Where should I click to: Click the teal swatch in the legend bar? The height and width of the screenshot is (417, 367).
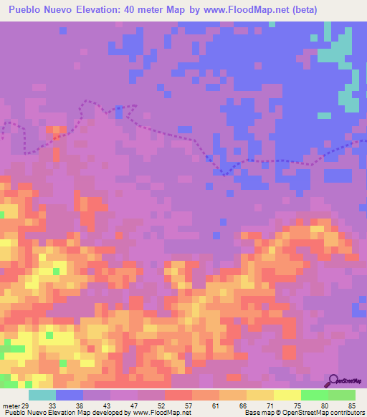click(x=42, y=395)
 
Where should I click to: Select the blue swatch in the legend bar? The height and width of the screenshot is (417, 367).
click(x=70, y=395)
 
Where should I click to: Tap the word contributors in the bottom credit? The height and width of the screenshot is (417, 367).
click(x=347, y=413)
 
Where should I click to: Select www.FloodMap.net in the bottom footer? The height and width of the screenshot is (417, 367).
click(x=156, y=413)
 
